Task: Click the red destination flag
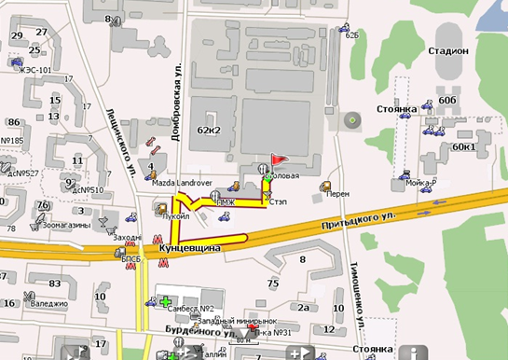coord(276,160)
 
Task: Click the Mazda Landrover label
coord(183,185)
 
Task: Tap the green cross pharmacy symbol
coord(166,302)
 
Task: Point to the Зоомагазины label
coord(64,224)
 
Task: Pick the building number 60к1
coord(463,146)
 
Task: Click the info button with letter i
coord(417,353)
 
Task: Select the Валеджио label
coord(49,302)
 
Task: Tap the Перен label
coord(338,194)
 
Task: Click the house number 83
coord(55,283)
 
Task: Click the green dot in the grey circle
coord(351,120)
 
